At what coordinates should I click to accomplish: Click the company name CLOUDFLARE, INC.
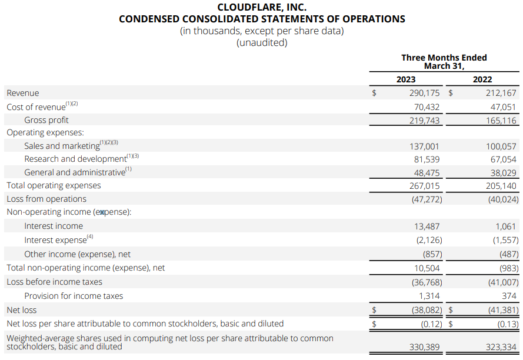tap(261, 7)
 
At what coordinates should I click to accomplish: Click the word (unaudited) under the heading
tap(261, 42)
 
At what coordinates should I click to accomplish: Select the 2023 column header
tap(406, 79)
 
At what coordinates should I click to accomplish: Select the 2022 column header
tap(482, 79)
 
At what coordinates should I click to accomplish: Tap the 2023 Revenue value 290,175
tap(424, 93)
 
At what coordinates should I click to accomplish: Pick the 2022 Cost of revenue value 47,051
tap(504, 107)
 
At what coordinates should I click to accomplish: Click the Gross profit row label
tap(46, 120)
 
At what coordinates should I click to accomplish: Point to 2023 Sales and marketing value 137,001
tap(424, 146)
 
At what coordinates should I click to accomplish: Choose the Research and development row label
tap(75, 159)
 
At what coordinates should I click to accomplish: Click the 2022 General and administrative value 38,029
tap(504, 172)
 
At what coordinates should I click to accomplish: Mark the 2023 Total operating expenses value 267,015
tap(424, 185)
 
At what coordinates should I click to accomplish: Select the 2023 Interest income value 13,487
tap(427, 226)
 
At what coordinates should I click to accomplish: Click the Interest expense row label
tap(55, 240)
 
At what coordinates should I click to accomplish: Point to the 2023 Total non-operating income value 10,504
tap(427, 268)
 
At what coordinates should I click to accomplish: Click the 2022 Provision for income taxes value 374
tap(509, 296)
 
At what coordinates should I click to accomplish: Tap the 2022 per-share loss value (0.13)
tap(507, 324)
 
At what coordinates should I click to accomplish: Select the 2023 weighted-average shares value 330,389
tap(424, 347)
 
